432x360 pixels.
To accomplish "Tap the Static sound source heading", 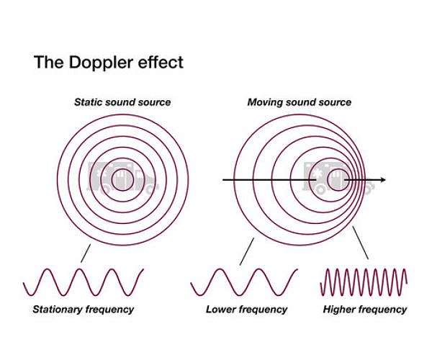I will [x=122, y=102].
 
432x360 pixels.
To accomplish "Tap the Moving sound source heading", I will [x=300, y=102].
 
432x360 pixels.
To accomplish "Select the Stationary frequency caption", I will [x=83, y=310].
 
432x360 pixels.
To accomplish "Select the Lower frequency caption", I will [x=246, y=310].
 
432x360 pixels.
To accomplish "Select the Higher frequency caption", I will [x=366, y=310].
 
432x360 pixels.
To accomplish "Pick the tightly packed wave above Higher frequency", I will [x=364, y=282].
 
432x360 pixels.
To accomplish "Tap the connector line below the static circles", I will [x=86, y=253].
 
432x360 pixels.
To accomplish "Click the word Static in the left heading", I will [x=89, y=102].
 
